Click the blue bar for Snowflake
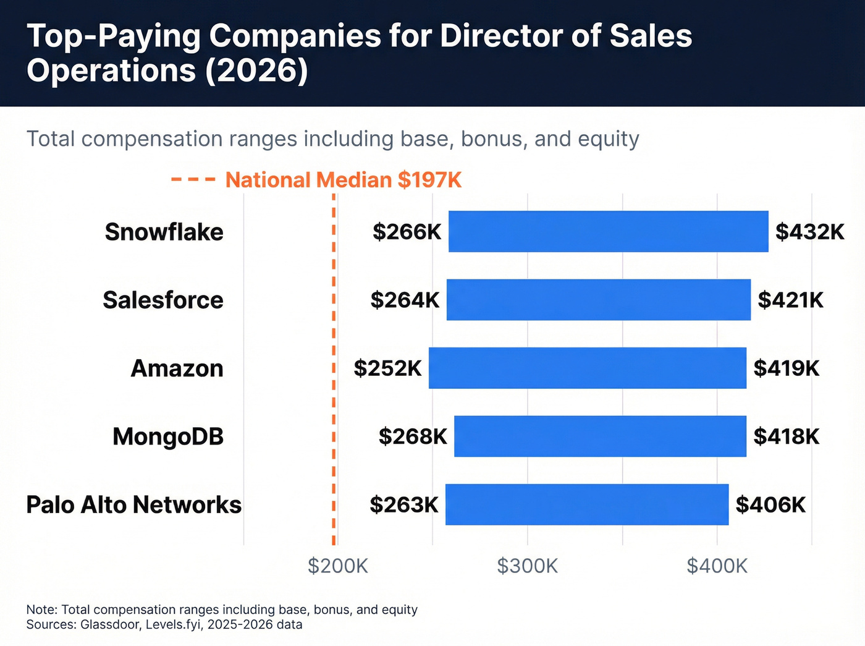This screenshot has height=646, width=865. pos(608,231)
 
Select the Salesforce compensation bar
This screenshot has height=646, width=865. pos(598,300)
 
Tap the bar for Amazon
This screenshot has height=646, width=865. pos(587,368)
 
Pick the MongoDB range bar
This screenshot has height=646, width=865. pos(600,436)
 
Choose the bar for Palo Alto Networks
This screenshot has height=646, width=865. pos(586,504)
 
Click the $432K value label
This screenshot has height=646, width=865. pos(809,232)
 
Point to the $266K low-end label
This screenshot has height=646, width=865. pos(407,232)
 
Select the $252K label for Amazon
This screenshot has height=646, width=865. pos(387,368)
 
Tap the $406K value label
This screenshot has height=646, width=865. pos(770,505)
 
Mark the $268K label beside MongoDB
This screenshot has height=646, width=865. pos(412,436)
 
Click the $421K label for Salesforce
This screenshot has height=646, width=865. pos(790,300)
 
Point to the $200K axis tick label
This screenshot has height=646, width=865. pos(338,566)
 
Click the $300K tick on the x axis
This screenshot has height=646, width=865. pos(527,566)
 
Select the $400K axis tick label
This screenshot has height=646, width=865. pos(717,566)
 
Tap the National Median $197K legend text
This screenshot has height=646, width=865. pos(344,180)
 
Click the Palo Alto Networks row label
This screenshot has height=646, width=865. pos(133,505)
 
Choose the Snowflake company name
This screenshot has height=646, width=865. pos(164,232)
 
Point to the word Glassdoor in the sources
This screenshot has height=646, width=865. pos(110,624)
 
